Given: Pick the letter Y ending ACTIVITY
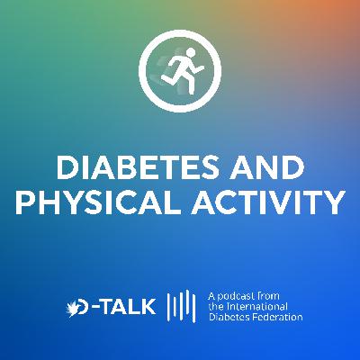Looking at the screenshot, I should [x=334, y=203].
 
